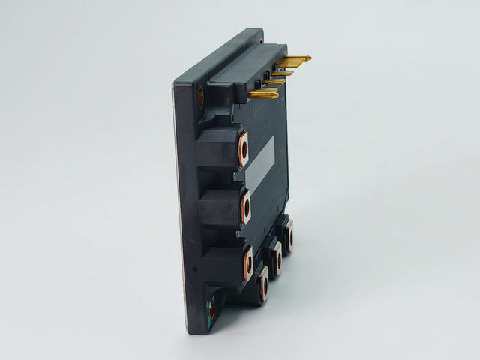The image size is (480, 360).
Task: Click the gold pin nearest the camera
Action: click(x=264, y=94)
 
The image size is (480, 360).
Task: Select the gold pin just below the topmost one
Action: click(x=283, y=73)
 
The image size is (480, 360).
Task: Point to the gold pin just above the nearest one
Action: click(x=274, y=82)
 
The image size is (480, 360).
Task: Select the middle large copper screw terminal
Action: click(x=245, y=207)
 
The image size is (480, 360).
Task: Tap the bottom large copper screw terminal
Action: click(x=247, y=263)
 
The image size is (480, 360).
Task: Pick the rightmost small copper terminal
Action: click(x=288, y=235)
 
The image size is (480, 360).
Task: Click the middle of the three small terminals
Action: click(x=276, y=259)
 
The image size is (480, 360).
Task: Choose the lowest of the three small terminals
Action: click(x=263, y=283)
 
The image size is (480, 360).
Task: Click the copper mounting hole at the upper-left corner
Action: click(x=200, y=96)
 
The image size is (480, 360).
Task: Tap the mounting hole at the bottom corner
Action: click(x=211, y=307)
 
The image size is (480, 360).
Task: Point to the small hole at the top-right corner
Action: click(x=259, y=42)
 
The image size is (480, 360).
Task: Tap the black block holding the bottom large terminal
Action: click(x=223, y=265)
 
